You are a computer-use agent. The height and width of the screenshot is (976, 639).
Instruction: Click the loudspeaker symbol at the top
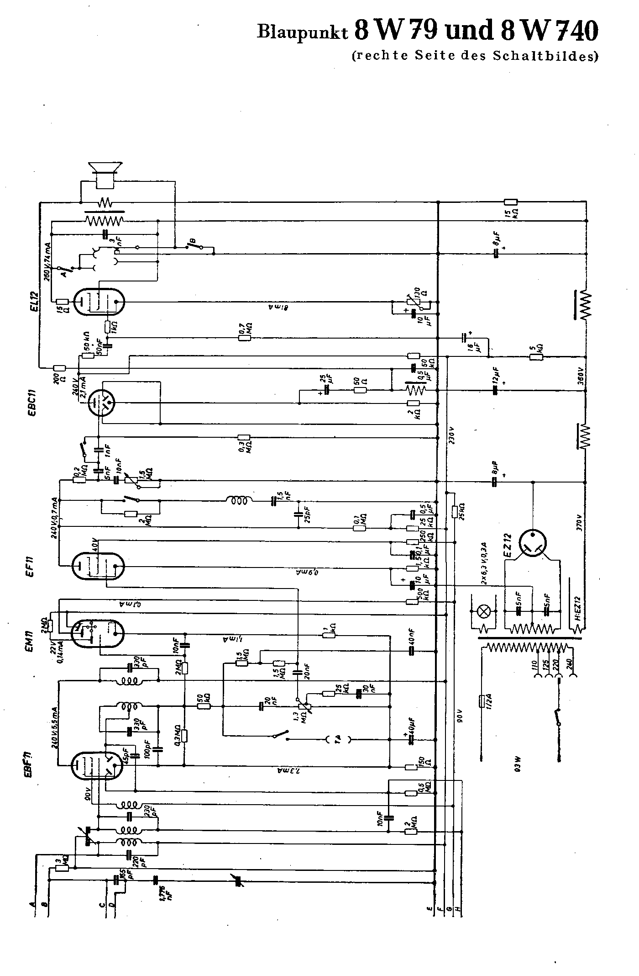pyautogui.click(x=106, y=174)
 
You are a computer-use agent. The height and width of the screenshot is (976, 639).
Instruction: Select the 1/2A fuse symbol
pyautogui.click(x=482, y=701)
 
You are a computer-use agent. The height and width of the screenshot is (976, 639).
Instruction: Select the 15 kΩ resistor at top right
pyautogui.click(x=510, y=202)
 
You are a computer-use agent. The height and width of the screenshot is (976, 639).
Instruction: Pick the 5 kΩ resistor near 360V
pyautogui.click(x=536, y=356)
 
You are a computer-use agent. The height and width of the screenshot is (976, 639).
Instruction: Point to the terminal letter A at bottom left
pyautogui.click(x=32, y=904)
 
